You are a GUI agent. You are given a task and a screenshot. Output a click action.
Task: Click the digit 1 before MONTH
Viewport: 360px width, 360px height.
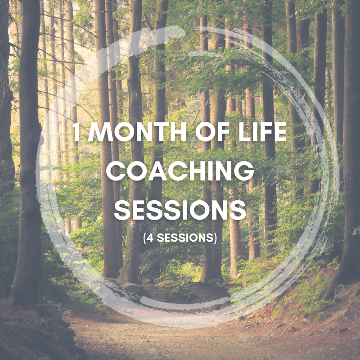tap(76, 132)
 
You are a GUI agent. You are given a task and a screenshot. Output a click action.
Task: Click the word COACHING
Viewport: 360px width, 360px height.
tap(180, 171)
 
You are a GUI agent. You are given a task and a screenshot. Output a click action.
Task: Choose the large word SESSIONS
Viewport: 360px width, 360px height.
tap(180, 210)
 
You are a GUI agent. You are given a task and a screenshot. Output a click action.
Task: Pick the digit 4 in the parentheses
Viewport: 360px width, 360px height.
tap(150, 238)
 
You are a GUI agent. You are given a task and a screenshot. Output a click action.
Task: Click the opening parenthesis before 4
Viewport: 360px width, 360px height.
tap(144, 238)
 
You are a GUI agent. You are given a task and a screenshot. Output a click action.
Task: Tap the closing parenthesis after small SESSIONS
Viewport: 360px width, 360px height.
tap(215, 238)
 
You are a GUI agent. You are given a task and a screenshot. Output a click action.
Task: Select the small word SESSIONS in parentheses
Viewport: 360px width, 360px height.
tap(185, 238)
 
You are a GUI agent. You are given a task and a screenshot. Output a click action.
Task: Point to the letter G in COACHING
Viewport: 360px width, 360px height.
tap(244, 171)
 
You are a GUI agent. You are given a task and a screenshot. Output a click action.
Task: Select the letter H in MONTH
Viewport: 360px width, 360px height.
tap(178, 132)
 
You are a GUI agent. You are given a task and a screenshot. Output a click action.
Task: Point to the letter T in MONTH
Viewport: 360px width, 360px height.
tap(161, 132)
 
